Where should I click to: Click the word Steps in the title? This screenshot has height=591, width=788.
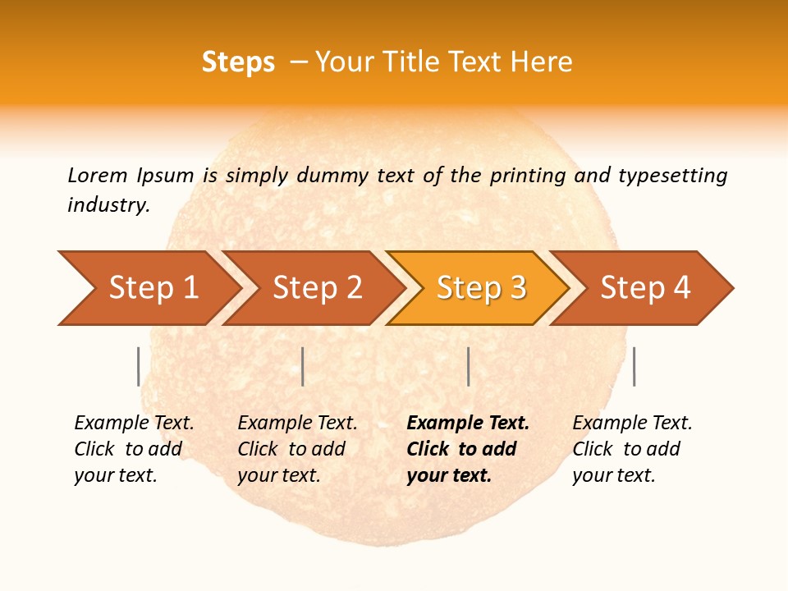pos(238,62)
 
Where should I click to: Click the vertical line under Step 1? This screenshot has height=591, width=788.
pos(138,366)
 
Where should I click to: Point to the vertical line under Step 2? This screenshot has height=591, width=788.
pos(303,366)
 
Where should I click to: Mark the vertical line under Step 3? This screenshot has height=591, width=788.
pos(468,366)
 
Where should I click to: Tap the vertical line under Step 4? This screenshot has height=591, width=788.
pos(634,366)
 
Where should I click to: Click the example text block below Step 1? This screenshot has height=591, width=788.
pos(134,449)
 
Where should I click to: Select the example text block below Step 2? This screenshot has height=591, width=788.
pos(297,449)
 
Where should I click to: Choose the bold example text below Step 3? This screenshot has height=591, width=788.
pos(468,449)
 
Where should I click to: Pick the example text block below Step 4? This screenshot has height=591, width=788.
pos(632,449)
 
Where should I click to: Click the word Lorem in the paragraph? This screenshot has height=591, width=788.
pos(98,175)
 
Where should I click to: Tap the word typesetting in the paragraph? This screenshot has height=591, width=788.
pos(672,176)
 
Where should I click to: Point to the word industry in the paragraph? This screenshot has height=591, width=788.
pos(108,205)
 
